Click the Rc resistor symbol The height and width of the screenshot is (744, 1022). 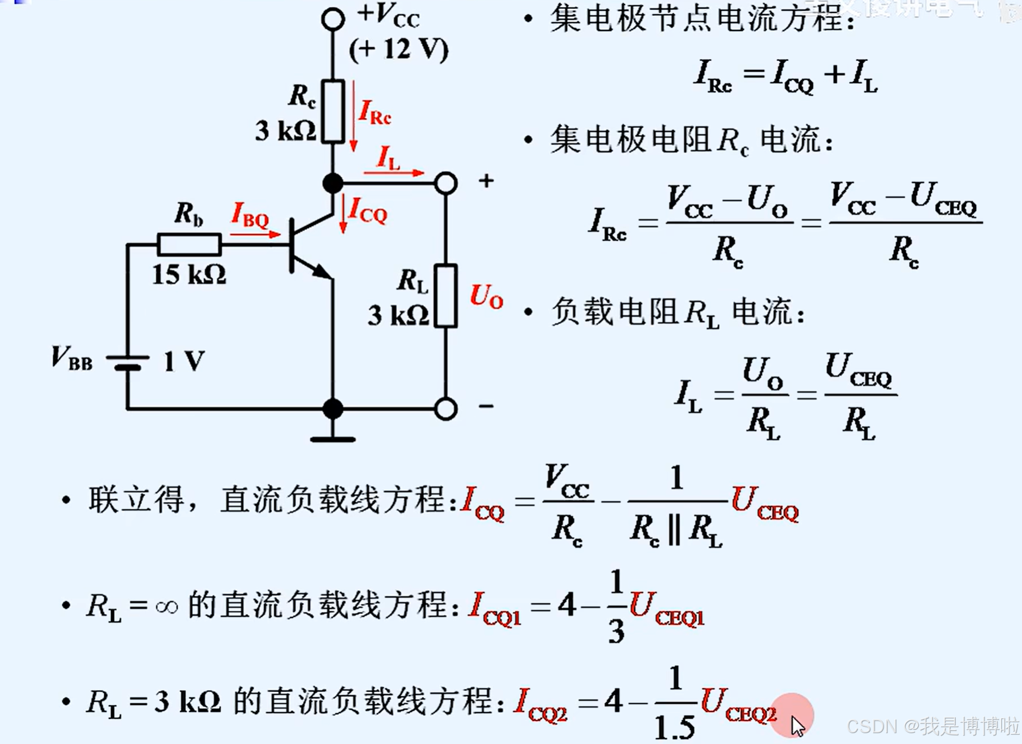point(333,111)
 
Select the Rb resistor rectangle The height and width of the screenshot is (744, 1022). point(189,245)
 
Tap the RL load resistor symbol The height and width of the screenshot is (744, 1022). point(446,296)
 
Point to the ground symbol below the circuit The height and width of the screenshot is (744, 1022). point(333,438)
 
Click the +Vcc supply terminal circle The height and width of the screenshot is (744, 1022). point(333,19)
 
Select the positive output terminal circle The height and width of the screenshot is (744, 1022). point(446,183)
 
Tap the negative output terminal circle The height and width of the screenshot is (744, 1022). point(446,409)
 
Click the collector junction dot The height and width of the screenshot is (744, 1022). point(333,183)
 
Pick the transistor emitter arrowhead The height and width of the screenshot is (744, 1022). point(324,271)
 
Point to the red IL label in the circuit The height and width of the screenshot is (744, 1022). point(388,158)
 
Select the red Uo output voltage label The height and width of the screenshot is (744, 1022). point(486,297)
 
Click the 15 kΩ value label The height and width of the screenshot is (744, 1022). point(189,274)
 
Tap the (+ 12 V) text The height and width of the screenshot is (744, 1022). point(398,49)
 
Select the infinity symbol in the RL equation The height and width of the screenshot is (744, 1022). point(166,607)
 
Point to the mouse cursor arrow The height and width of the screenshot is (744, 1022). point(797,726)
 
